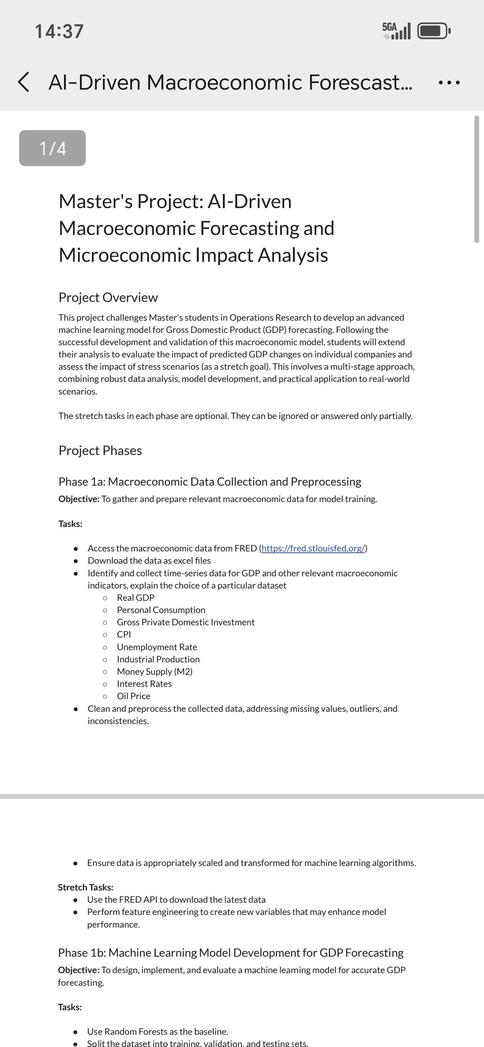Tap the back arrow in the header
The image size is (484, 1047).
click(24, 82)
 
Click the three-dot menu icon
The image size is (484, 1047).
click(449, 83)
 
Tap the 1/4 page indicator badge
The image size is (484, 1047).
click(52, 148)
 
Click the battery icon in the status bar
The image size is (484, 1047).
click(433, 31)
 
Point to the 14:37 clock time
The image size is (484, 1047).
click(59, 31)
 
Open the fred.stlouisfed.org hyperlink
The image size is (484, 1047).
click(313, 548)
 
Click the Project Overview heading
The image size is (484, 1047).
click(108, 297)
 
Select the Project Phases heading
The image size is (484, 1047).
click(100, 450)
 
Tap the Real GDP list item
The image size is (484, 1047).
click(136, 597)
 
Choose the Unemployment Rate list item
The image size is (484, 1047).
click(157, 647)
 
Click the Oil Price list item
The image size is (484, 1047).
click(133, 696)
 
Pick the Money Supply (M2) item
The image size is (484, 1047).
click(155, 672)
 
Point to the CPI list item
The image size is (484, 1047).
click(124, 634)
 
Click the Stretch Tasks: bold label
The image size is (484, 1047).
click(85, 887)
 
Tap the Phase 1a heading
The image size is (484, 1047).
click(209, 482)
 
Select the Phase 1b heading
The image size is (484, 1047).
click(231, 953)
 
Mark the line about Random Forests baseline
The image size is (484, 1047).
click(157, 1032)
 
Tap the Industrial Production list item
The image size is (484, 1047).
click(158, 659)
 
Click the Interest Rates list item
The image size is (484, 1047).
click(144, 683)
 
